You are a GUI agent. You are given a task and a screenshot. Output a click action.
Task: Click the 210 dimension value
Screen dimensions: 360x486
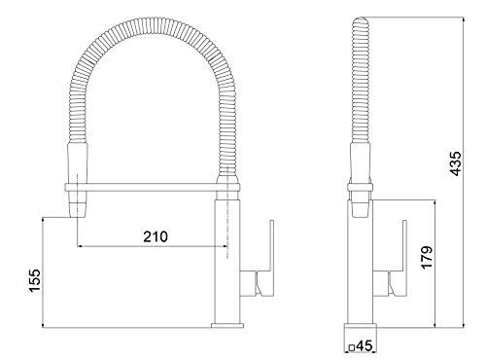pos(156,236)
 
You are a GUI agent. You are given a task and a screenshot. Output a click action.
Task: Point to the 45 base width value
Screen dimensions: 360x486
pos(364,344)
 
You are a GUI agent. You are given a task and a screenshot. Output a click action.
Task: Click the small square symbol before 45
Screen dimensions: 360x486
pos(350,344)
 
